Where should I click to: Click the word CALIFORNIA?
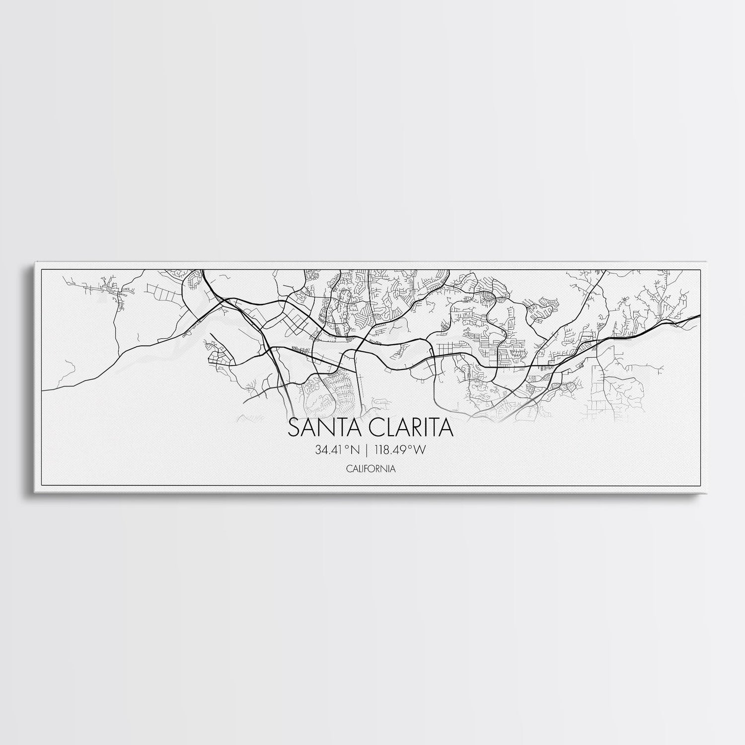pos(372,468)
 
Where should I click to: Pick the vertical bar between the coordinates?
pos(367,450)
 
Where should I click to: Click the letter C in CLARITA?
pos(372,429)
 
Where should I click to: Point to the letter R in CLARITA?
pos(416,429)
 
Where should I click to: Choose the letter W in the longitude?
pos(422,450)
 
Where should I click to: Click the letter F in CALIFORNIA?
pos(370,468)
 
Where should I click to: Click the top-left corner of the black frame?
pos(41,269)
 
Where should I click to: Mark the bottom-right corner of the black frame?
pos(700,486)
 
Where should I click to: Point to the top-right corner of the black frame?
pos(700,269)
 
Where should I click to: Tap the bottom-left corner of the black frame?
pos(41,486)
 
